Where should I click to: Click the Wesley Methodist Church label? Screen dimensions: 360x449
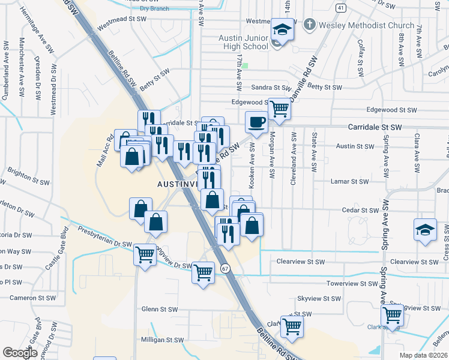click(367, 26)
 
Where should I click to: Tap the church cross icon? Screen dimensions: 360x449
click(309, 25)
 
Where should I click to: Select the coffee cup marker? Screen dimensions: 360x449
click(256, 123)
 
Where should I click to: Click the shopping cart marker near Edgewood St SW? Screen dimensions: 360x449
click(279, 109)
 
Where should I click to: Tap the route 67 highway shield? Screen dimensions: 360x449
click(224, 268)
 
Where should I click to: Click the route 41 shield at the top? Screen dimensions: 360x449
click(340, 7)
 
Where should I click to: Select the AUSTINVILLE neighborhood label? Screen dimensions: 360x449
click(177, 183)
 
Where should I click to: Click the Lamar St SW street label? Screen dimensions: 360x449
click(350, 181)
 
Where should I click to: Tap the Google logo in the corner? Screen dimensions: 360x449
click(20, 353)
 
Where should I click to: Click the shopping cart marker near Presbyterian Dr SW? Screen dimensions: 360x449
click(145, 255)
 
